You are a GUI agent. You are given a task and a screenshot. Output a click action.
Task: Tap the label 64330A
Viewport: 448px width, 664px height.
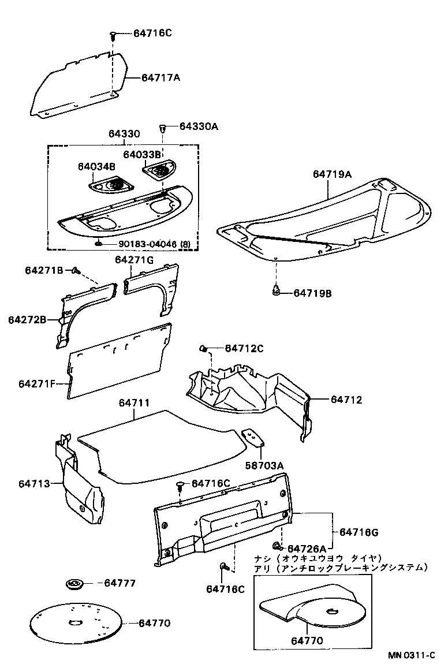[199, 126]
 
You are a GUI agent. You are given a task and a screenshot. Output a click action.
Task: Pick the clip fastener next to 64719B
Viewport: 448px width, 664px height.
[277, 290]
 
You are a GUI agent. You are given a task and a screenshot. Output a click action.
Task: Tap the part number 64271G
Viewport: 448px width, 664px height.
[134, 260]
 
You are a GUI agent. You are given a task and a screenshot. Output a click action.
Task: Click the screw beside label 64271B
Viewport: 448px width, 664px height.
[75, 270]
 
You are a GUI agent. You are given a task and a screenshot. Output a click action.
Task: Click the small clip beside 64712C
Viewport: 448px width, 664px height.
[204, 348]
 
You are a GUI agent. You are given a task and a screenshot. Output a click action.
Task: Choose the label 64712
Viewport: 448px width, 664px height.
[346, 399]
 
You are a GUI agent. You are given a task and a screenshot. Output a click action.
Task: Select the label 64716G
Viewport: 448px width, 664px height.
[359, 532]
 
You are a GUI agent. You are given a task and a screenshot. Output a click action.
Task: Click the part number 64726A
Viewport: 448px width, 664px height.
[307, 548]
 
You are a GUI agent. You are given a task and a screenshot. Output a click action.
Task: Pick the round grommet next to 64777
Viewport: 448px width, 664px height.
[74, 584]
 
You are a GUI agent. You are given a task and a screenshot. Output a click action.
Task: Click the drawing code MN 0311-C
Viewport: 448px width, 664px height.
[412, 655]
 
